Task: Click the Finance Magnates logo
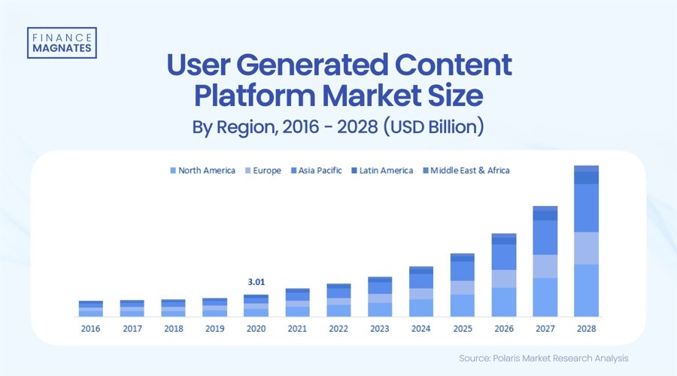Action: pyautogui.click(x=62, y=42)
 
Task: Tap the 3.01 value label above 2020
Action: pyautogui.click(x=256, y=282)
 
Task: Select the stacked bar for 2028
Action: pyautogui.click(x=586, y=241)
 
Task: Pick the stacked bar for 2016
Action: pyautogui.click(x=90, y=308)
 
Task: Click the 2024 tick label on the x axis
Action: pyautogui.click(x=421, y=328)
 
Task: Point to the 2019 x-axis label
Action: pyautogui.click(x=214, y=328)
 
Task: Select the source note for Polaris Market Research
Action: pyautogui.click(x=543, y=358)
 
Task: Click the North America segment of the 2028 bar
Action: pyautogui.click(x=586, y=290)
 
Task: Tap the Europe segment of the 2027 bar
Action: pyautogui.click(x=545, y=266)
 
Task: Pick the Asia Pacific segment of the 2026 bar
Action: pyautogui.click(x=503, y=257)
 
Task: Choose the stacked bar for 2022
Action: pyautogui.click(x=338, y=300)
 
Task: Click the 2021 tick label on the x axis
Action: pyautogui.click(x=297, y=328)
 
